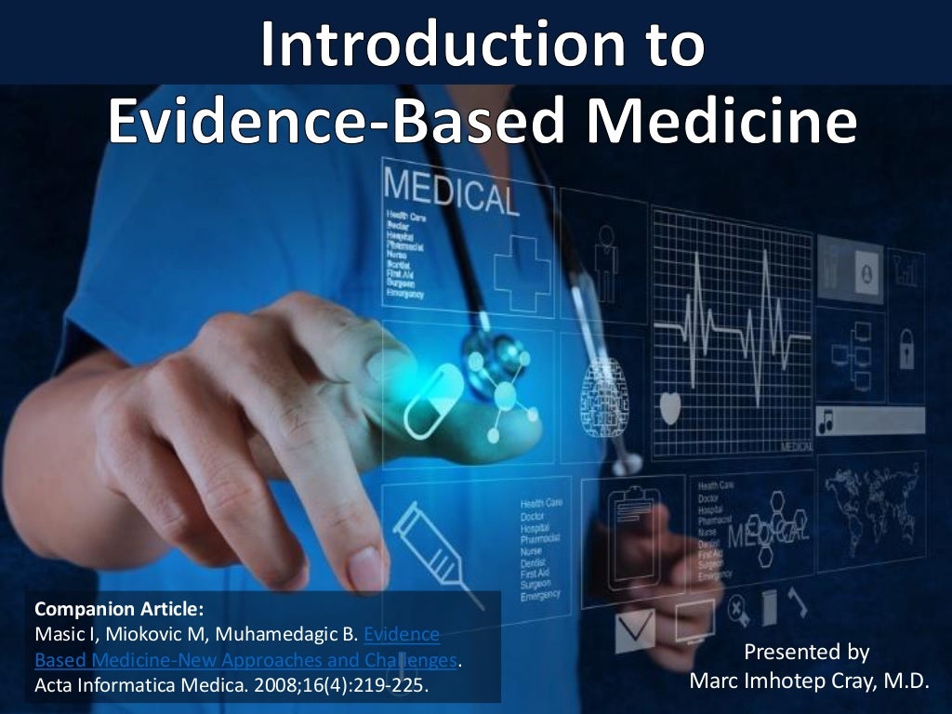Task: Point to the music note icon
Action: tap(825, 424)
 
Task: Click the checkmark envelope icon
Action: tap(634, 632)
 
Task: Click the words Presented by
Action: tap(806, 652)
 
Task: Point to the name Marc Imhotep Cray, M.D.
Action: tap(808, 681)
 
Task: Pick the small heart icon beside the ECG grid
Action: tap(669, 407)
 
